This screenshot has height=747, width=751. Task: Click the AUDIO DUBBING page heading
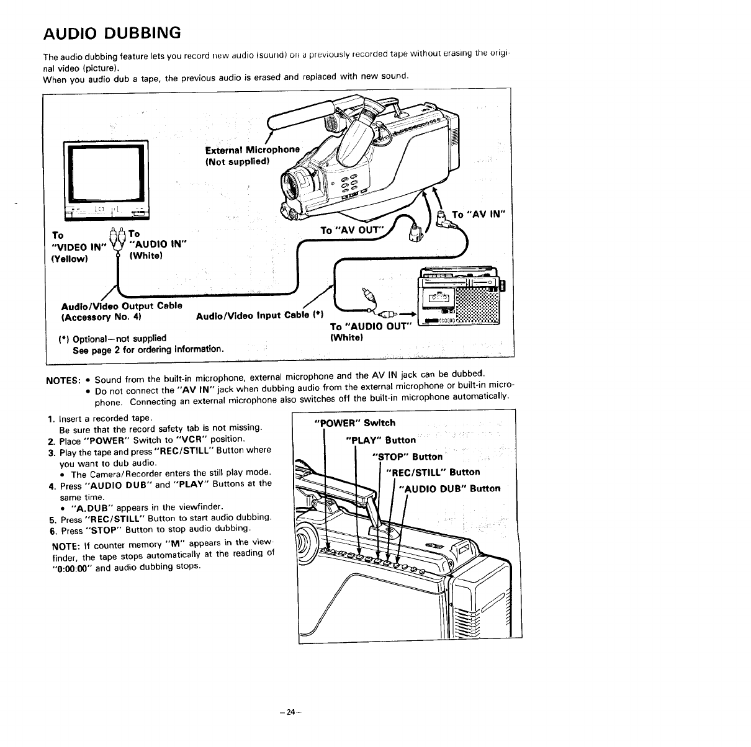[112, 32]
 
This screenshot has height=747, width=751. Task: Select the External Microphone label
[252, 150]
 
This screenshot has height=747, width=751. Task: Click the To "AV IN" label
[480, 215]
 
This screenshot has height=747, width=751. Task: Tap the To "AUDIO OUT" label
[371, 327]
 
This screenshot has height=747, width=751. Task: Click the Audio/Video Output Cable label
[121, 305]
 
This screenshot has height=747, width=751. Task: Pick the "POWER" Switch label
[355, 423]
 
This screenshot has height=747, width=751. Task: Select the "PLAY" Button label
[380, 440]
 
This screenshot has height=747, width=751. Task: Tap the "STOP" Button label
[407, 457]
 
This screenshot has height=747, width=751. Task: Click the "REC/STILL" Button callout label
[433, 472]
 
